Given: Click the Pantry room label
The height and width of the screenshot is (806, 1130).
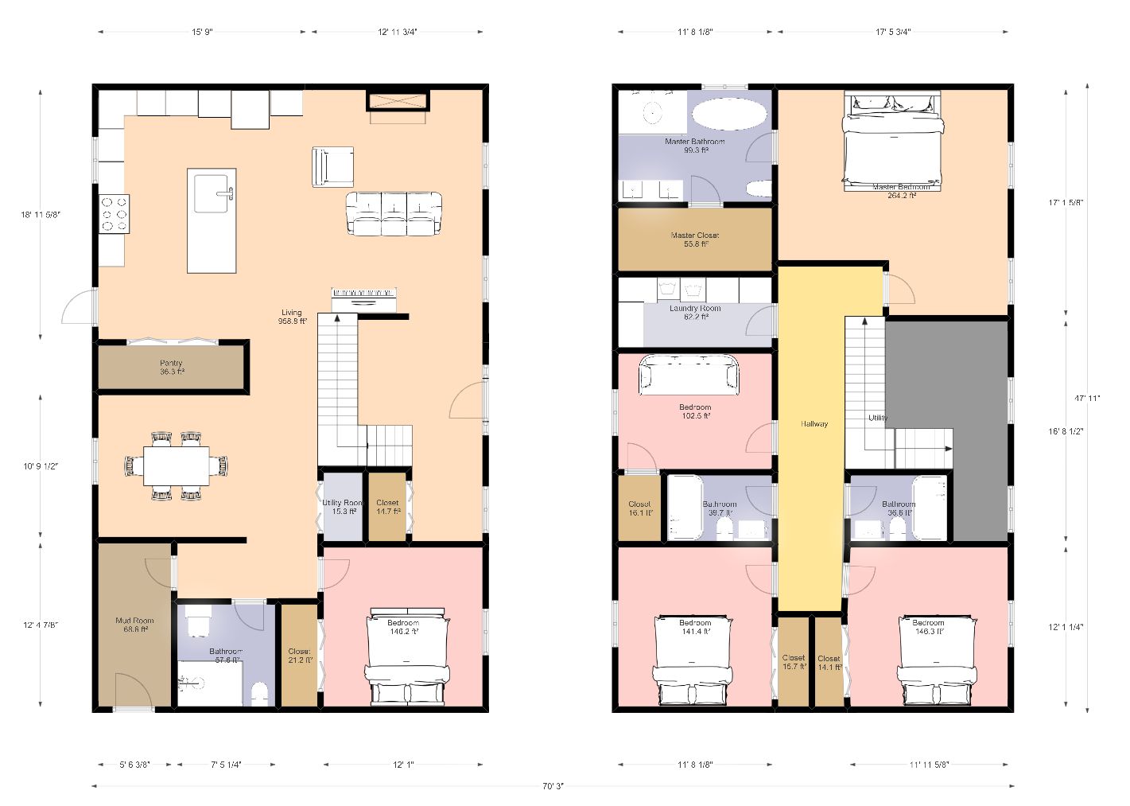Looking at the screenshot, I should tap(171, 367).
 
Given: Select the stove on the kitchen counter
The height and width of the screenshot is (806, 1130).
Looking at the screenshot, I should tap(114, 213).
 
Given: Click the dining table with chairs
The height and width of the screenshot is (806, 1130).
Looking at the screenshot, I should tap(176, 465).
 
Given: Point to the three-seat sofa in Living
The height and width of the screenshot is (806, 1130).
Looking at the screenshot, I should tap(394, 213).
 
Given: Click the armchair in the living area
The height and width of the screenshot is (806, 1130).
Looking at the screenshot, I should tap(332, 166).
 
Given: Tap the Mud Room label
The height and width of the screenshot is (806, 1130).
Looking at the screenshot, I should tap(134, 625).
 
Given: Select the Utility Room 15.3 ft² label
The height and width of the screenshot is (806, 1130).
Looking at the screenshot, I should tap(342, 507).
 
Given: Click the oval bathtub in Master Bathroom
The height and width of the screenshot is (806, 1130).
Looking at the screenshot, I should tap(729, 114).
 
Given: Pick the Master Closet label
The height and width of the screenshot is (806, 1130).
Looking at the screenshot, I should tap(695, 239).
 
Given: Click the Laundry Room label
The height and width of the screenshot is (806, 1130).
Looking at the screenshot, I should tap(695, 312).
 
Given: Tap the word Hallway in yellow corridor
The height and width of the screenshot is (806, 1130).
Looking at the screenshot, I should tap(814, 424).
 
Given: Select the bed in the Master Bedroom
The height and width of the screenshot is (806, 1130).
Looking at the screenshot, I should tap(892, 142).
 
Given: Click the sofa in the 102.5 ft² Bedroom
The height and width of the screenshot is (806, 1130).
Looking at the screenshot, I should tap(689, 374).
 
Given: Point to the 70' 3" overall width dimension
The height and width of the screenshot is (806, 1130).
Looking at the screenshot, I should tap(553, 786).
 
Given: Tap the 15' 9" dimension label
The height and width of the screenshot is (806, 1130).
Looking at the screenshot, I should tap(202, 32).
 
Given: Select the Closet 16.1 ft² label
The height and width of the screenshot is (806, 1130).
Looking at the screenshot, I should tap(639, 508).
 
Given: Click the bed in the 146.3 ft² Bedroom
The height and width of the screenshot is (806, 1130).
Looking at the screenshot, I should tap(937, 660).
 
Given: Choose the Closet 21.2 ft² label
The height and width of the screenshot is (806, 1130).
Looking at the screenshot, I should tap(299, 656).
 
